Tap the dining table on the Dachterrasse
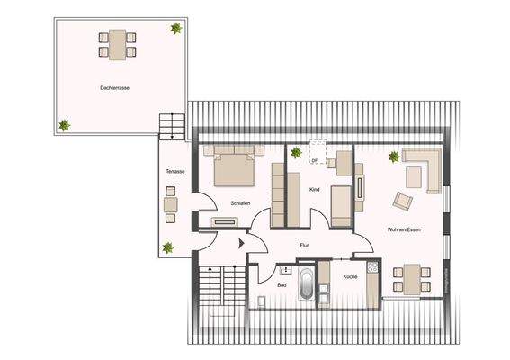coord(119,42)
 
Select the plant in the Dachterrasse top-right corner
coord(175,29)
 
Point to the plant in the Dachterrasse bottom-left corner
coord(64,126)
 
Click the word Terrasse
coord(175,171)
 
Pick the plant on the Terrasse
coord(167,247)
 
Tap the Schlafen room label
coord(239,203)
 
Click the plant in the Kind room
coord(296,153)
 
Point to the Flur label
coord(304,243)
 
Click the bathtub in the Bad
coord(306,285)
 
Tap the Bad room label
coord(282,285)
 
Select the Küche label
coord(350,276)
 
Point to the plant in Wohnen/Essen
coord(393,157)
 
